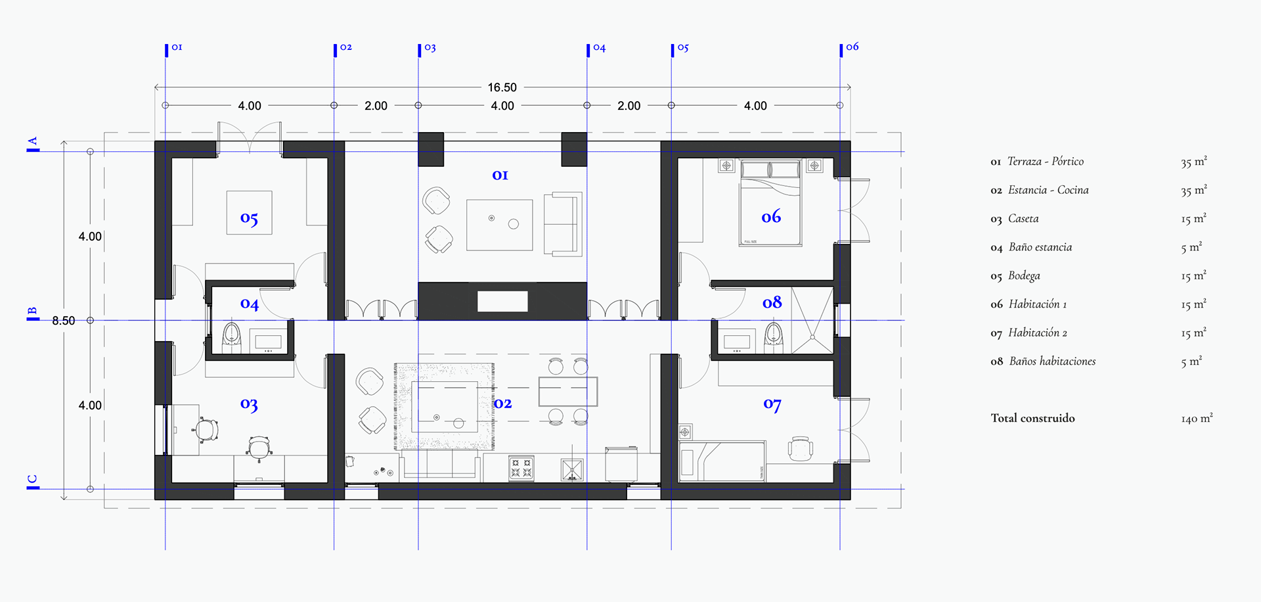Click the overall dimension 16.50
502,87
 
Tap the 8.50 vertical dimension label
64,321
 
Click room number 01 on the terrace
500,175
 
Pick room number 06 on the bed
771,216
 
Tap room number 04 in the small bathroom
249,304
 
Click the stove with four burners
521,469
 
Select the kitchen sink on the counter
572,470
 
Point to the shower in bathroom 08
812,321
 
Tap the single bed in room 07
722,461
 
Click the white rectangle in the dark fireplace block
502,302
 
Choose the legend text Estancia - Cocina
1048,190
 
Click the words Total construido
1033,418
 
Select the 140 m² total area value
1197,418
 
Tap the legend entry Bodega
1024,276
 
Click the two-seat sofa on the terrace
563,224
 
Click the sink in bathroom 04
268,341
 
